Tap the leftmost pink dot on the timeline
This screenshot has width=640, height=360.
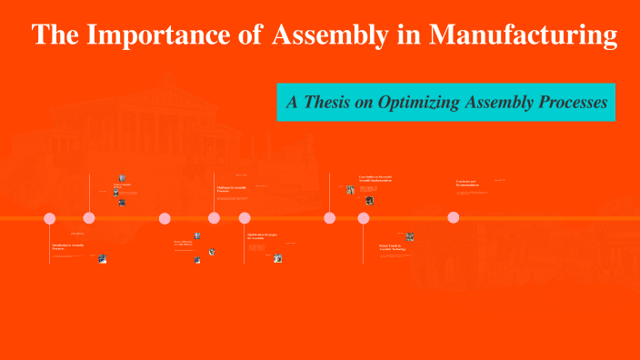pyautogui.click(x=50, y=218)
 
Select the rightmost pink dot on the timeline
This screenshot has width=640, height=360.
pyautogui.click(x=454, y=217)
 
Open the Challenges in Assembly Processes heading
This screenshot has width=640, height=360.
pyautogui.click(x=232, y=189)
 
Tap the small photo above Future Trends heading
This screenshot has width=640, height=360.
pyautogui.click(x=410, y=236)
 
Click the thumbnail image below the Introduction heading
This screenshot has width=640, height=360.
pyautogui.click(x=103, y=258)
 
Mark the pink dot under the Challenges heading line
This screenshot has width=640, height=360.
pyautogui.click(x=215, y=218)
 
